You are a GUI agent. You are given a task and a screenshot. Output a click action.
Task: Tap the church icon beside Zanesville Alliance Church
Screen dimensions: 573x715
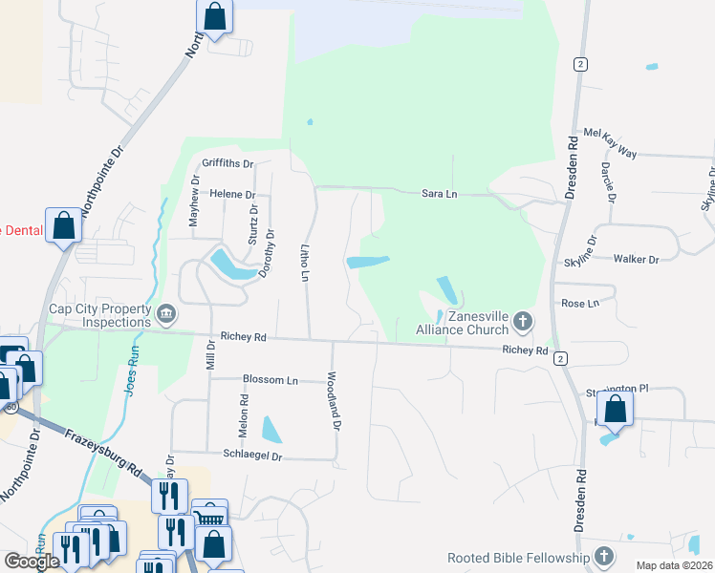pyautogui.click(x=522, y=322)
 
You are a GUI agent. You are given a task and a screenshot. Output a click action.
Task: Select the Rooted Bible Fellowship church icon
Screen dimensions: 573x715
pyautogui.click(x=604, y=556)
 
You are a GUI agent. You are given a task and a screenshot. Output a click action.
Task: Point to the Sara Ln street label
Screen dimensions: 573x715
pyautogui.click(x=440, y=194)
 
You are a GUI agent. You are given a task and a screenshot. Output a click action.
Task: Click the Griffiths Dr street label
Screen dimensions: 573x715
pyautogui.click(x=227, y=164)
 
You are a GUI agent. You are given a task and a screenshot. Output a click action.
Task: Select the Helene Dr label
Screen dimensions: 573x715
pyautogui.click(x=228, y=193)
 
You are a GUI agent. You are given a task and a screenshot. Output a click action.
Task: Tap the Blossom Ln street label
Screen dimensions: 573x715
pyautogui.click(x=270, y=380)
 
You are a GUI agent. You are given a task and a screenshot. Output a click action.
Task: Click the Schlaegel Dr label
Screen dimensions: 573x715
pyautogui.click(x=252, y=456)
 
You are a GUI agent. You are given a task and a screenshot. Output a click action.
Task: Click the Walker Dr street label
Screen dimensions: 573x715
pyautogui.click(x=636, y=259)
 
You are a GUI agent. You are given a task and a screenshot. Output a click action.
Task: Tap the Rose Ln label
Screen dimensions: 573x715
pyautogui.click(x=579, y=303)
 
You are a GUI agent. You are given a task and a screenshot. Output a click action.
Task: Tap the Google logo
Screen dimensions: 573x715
pyautogui.click(x=32, y=562)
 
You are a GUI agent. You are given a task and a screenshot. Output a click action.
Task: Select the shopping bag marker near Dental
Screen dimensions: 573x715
pyautogui.click(x=64, y=226)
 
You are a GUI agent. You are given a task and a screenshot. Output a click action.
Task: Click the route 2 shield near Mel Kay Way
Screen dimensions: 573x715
pyautogui.click(x=580, y=64)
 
